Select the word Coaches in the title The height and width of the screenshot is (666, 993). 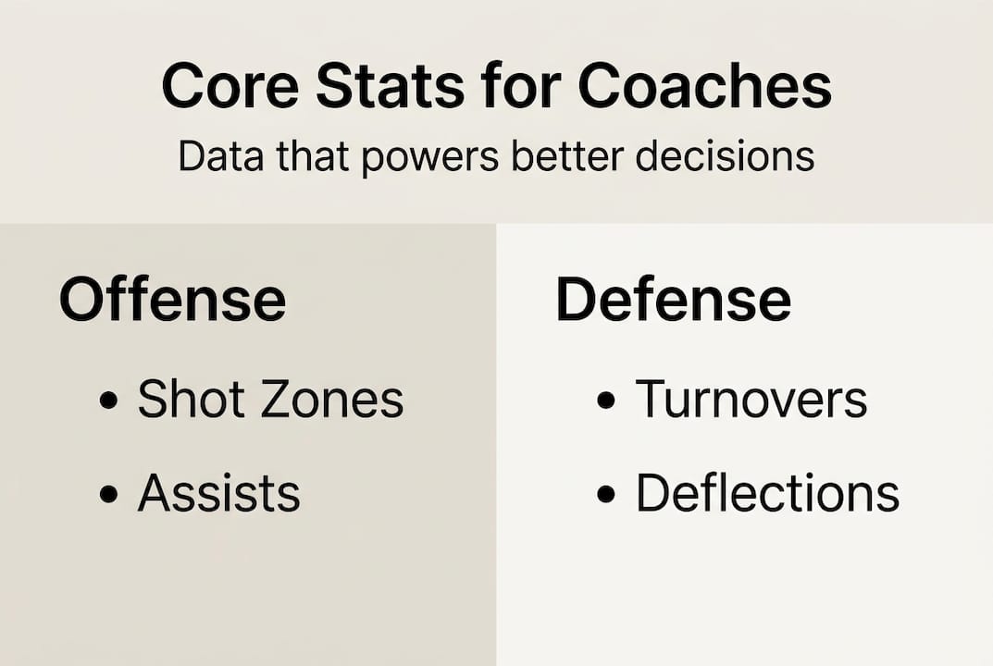(705, 88)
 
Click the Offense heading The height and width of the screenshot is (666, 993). (172, 299)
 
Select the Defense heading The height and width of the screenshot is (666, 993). (673, 299)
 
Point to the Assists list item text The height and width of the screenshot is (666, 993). (219, 493)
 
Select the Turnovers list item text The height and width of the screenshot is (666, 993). (751, 400)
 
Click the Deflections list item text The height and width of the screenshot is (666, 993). (767, 493)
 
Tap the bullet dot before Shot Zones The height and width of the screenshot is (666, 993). (109, 401)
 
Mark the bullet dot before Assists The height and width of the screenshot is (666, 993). (109, 495)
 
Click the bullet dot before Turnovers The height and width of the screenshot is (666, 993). (606, 401)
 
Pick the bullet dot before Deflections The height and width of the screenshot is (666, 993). (606, 495)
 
